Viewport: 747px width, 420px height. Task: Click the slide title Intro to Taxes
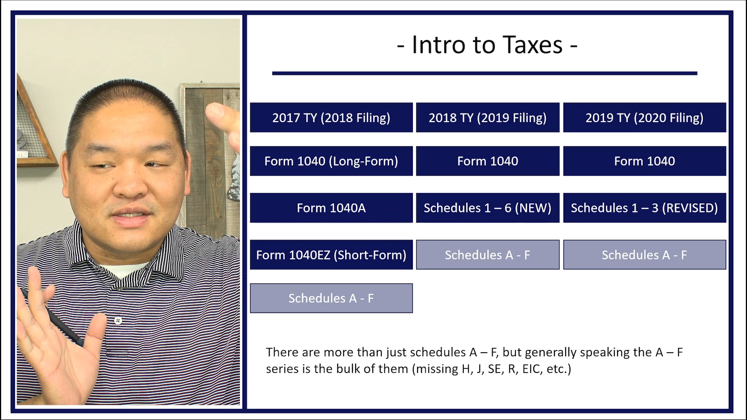pyautogui.click(x=487, y=45)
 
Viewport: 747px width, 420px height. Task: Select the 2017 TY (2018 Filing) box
pyautogui.click(x=331, y=117)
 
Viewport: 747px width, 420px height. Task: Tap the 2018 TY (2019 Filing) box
pyautogui.click(x=487, y=117)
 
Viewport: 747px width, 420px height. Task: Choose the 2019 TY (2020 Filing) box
pyautogui.click(x=644, y=117)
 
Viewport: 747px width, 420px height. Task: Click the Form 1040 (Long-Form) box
pyautogui.click(x=331, y=161)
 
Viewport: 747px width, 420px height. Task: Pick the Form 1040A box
pyautogui.click(x=331, y=208)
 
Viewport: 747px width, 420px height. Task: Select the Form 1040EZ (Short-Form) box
pyautogui.click(x=331, y=255)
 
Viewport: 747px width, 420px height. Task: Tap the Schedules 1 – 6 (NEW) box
pyautogui.click(x=487, y=208)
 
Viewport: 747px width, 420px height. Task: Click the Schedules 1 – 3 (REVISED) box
pyautogui.click(x=644, y=208)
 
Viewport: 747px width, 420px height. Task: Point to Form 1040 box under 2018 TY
pyautogui.click(x=487, y=161)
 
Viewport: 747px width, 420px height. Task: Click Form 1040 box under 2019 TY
pyautogui.click(x=644, y=161)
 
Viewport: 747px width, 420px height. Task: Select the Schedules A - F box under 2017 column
pyautogui.click(x=331, y=298)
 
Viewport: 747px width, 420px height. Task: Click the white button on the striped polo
pyautogui.click(x=118, y=321)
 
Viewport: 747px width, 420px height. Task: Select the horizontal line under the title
pyautogui.click(x=484, y=73)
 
